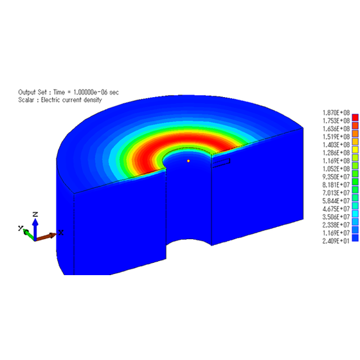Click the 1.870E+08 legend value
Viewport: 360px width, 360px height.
pyautogui.click(x=336, y=113)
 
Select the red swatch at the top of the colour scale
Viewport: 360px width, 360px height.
pyautogui.click(x=355, y=118)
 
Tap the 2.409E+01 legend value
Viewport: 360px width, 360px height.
pyautogui.click(x=336, y=241)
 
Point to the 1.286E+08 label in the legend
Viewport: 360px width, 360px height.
pyautogui.click(x=336, y=153)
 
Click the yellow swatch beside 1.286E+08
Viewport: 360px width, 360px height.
pyautogui.click(x=355, y=150)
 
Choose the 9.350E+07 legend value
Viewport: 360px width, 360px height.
pyautogui.click(x=336, y=177)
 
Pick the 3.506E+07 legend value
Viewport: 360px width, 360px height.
pyautogui.click(x=336, y=217)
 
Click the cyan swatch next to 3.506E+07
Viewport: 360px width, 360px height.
pyautogui.click(x=355, y=214)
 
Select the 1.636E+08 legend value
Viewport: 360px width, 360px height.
pyautogui.click(x=336, y=129)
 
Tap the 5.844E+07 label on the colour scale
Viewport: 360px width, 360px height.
pyautogui.click(x=336, y=201)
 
